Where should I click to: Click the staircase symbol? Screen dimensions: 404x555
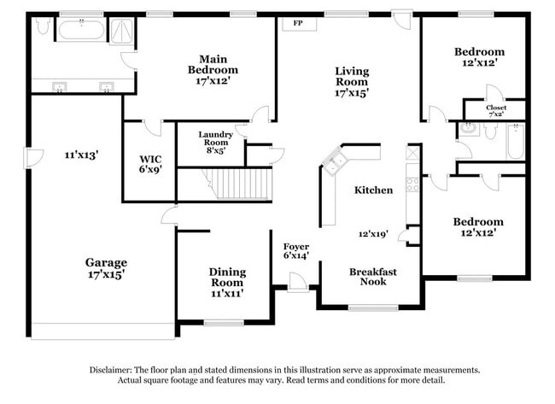[x=241, y=184]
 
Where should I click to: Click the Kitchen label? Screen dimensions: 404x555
[x=374, y=190]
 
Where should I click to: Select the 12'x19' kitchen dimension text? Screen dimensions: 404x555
[x=374, y=232]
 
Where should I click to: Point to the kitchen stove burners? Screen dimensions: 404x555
[x=412, y=183]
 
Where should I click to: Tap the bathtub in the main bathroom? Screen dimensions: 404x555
[x=80, y=32]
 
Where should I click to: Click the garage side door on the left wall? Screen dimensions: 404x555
[x=33, y=156]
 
